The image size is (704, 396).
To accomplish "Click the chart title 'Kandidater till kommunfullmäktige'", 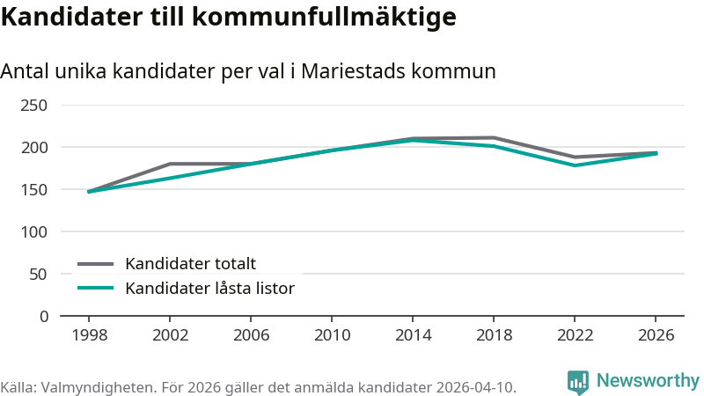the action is tap(229, 18).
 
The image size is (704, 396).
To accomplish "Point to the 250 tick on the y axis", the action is tap(33, 106).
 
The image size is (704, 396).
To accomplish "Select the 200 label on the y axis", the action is tap(33, 148).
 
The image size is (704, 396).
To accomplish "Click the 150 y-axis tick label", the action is tap(33, 190).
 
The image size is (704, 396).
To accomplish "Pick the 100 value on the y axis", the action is tap(33, 232).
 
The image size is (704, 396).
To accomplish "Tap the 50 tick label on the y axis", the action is tap(38, 275).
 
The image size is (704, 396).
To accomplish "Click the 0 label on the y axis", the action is tap(43, 317).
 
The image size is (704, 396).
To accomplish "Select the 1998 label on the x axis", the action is tap(90, 335).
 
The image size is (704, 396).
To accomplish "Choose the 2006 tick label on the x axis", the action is tap(251, 335).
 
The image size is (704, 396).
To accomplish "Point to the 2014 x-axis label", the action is tap(413, 335).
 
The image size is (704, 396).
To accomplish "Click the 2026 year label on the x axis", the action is tap(656, 335).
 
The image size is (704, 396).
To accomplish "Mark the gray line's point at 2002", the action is tap(170, 164).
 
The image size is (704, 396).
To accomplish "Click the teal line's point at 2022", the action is tap(575, 165).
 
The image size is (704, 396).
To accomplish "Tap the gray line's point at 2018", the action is tap(494, 138).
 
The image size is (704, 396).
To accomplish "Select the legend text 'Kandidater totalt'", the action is tap(190, 263).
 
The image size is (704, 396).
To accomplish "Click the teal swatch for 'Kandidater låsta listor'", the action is tap(95, 288).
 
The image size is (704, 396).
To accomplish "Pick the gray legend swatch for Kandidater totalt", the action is tap(95, 264).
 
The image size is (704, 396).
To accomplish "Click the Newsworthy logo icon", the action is tap(578, 382).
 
